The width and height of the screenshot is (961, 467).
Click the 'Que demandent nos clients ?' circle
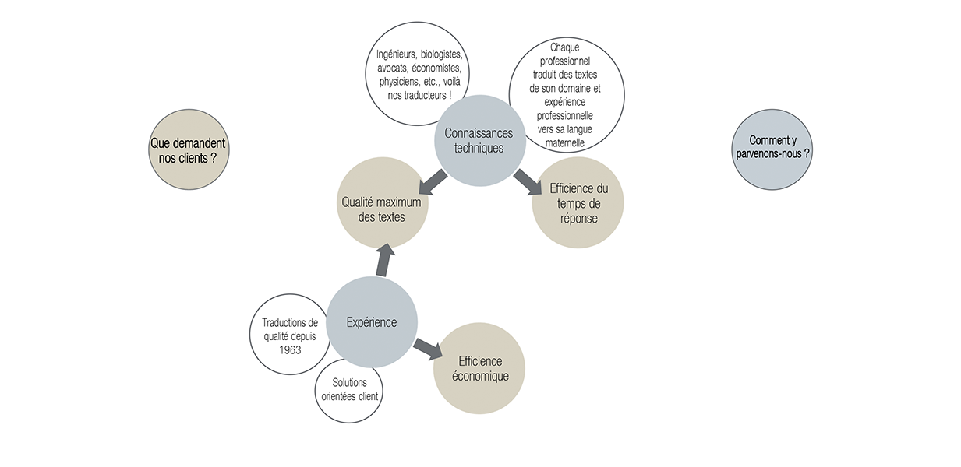[188, 149]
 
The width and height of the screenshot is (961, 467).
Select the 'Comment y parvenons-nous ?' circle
[772, 148]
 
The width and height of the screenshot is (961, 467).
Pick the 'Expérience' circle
[371, 322]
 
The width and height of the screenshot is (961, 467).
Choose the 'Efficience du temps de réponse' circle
[578, 202]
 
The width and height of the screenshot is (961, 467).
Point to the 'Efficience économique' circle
[479, 369]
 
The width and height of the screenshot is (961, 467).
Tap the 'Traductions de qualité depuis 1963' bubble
[290, 335]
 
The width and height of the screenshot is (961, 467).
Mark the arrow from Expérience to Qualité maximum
[384, 260]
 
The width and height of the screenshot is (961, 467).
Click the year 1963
[290, 349]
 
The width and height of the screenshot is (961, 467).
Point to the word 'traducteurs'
[422, 95]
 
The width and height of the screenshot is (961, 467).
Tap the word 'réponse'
[578, 218]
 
